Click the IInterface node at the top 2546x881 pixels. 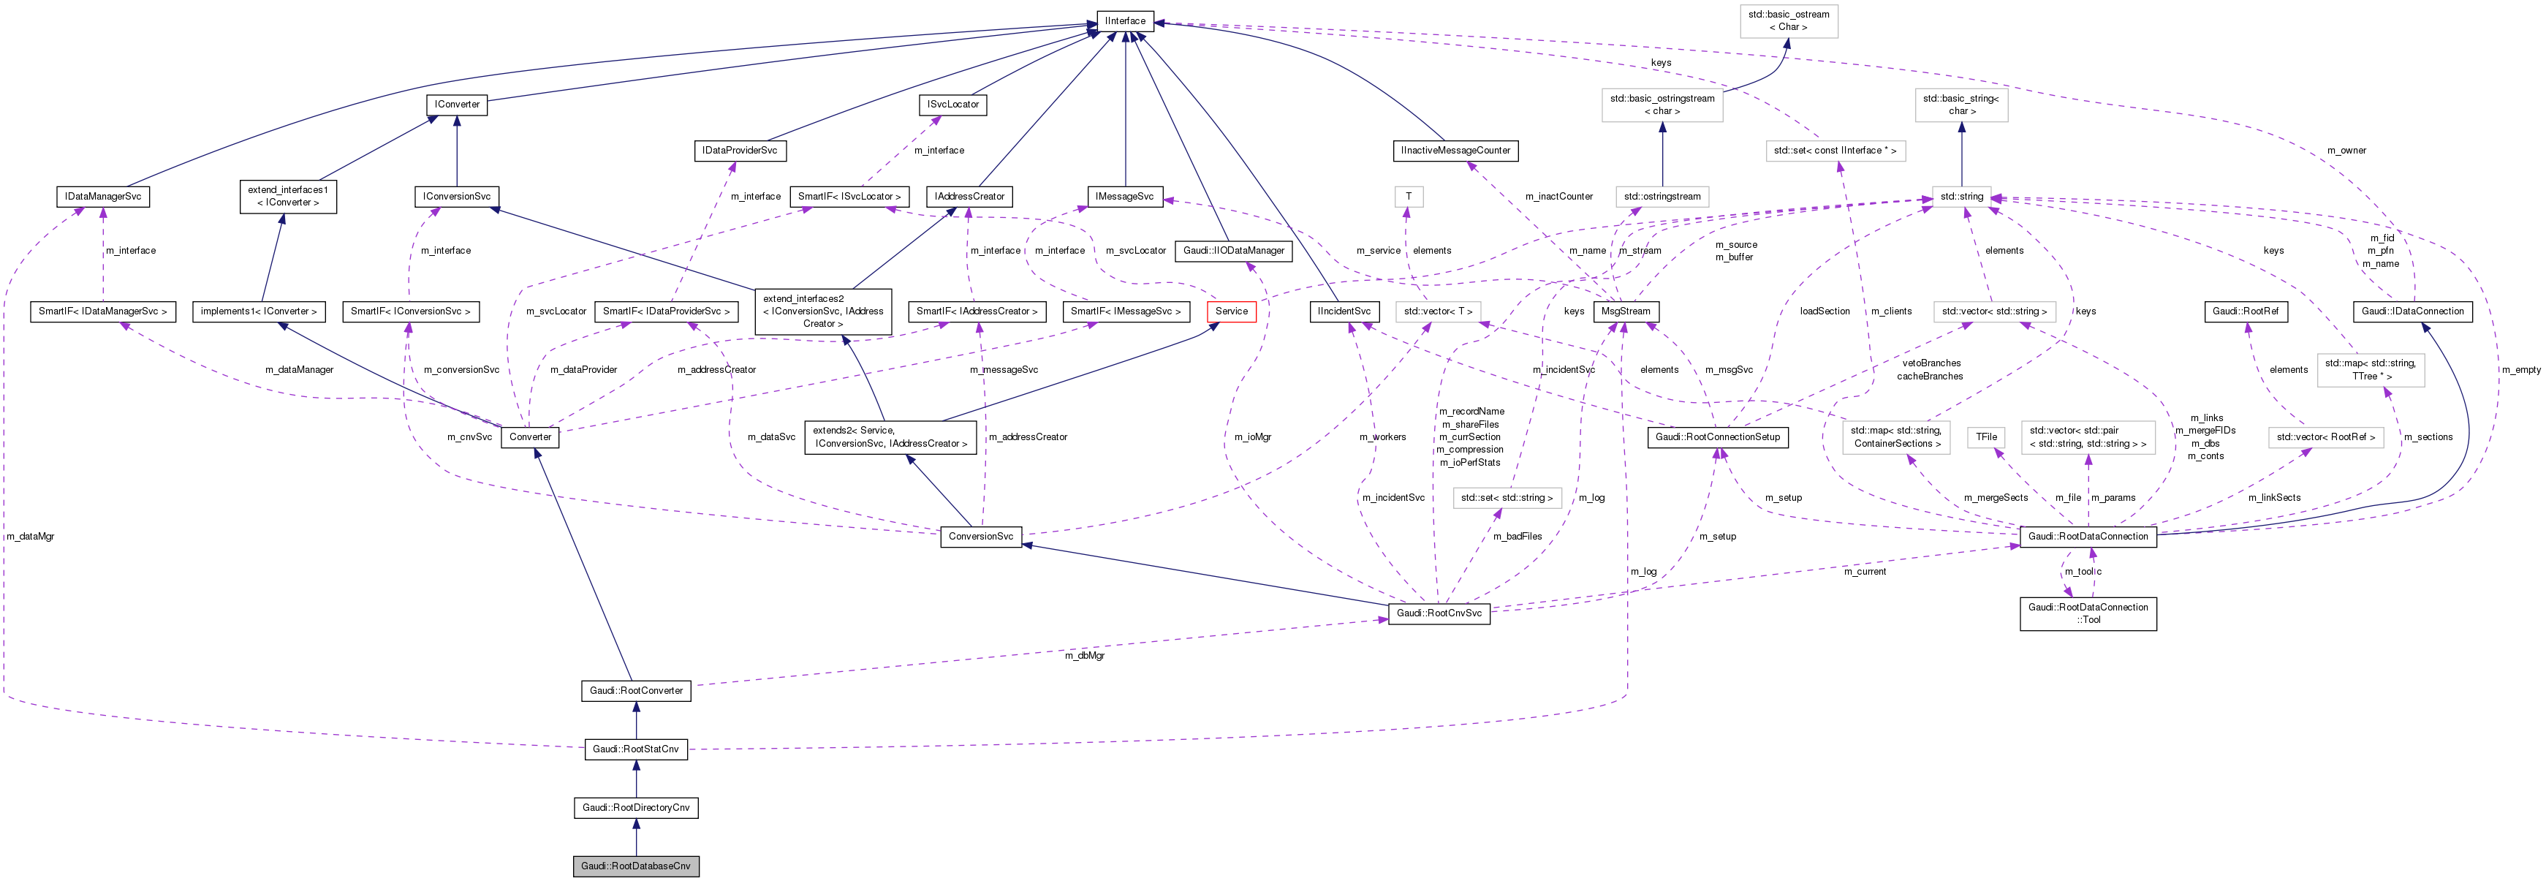coord(1125,20)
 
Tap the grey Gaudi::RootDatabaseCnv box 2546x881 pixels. coord(635,866)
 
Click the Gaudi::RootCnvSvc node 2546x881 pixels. coord(1438,613)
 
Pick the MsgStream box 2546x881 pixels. coord(1625,311)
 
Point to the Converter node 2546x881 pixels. coord(530,437)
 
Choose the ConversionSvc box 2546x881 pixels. coord(980,537)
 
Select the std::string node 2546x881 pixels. coord(1961,197)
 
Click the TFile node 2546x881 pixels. coord(1987,437)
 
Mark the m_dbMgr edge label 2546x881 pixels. coord(1084,656)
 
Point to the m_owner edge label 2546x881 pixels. coord(2346,151)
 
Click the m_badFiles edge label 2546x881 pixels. coord(1517,537)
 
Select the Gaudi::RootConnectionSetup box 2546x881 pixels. coord(1717,437)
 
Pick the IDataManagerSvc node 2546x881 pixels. coord(103,197)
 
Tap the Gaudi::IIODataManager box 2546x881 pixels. coord(1233,252)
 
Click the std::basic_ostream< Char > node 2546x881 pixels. coord(1788,20)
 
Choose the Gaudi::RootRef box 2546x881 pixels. coord(2245,311)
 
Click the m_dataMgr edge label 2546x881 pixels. coord(31,537)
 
